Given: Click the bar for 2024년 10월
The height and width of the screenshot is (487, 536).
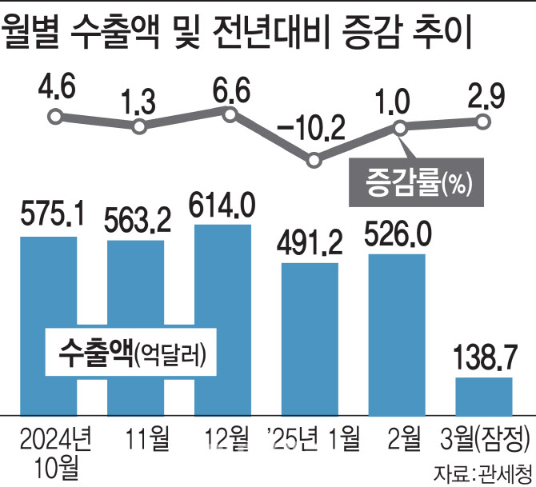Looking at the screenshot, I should pos(49,288).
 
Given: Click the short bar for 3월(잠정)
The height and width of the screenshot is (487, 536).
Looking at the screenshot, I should pos(484,396).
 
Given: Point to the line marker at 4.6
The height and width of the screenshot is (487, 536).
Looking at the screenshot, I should pos(54,118).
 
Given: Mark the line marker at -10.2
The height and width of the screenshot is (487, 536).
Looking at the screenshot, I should pos(314,161).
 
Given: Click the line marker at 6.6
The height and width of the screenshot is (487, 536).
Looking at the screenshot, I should pos(230,114).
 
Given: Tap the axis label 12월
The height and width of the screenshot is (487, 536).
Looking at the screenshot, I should pos(222,437).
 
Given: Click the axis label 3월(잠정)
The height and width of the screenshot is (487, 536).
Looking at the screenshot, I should pos(486,437).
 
